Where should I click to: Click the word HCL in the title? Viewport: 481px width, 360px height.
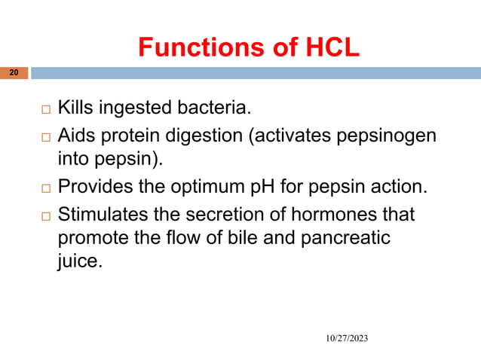coord(326,47)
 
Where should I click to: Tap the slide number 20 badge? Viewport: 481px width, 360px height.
coord(14,73)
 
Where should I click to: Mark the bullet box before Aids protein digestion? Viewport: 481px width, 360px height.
coord(45,136)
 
